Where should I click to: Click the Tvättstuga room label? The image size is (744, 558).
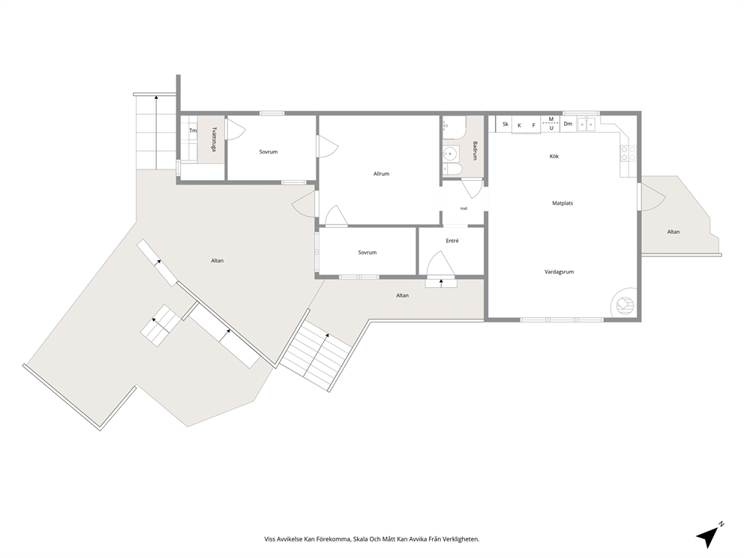coord(214,139)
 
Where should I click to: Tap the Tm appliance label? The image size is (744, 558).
coord(193,130)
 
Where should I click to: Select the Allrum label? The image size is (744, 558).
coord(381,174)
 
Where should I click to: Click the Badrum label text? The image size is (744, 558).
coord(475,151)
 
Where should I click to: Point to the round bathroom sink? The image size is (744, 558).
coord(450,153)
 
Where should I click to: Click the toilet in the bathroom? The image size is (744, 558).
coord(452,169)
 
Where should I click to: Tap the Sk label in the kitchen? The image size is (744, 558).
coord(505,124)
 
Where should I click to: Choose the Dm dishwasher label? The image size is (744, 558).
coord(568,124)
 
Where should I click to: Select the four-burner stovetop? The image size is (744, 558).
coord(628,153)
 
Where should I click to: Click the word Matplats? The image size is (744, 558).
coord(562,203)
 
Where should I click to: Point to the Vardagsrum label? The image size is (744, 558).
coord(559,272)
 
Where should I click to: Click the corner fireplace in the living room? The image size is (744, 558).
coord(625,303)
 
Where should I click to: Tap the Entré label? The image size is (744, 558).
coord(452,241)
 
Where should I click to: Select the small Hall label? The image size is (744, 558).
coord(463,208)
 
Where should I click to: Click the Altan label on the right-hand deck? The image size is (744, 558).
coord(673,232)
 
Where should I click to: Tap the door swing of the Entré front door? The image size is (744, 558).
coord(441,264)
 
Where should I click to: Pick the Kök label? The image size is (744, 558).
coord(554,156)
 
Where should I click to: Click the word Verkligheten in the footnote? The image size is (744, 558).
coord(460,539)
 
